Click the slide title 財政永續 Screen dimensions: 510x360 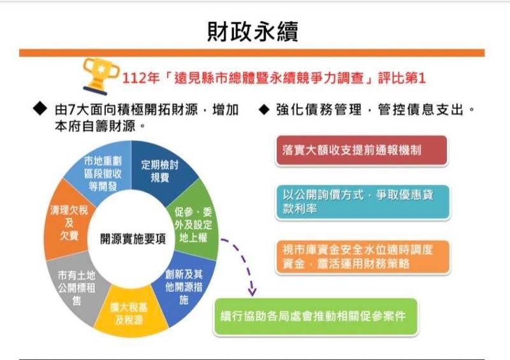[x=252, y=32]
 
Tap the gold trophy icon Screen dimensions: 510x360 [x=101, y=76]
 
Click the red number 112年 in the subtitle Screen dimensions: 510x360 [x=141, y=78]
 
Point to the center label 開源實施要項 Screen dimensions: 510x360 [x=133, y=239]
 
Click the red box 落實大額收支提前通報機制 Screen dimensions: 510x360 [x=361, y=150]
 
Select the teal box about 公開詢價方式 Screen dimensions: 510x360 [x=363, y=202]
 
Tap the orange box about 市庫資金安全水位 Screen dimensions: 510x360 [x=363, y=257]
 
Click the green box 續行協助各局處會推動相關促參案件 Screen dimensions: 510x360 [x=316, y=317]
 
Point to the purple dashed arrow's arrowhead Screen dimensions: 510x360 [x=252, y=292]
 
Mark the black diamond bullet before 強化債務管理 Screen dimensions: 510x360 [x=264, y=110]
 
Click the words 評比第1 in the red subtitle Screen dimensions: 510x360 [x=402, y=78]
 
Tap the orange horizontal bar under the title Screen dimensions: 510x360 [x=252, y=53]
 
